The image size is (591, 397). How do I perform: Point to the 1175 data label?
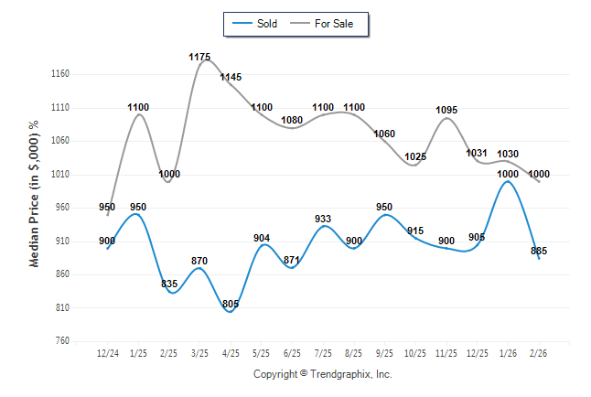tap(199, 57)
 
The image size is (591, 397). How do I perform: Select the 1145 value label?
tap(231, 77)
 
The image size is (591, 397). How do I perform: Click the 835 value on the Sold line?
tap(169, 284)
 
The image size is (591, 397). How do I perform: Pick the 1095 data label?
tap(446, 110)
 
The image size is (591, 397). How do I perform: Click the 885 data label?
tap(539, 251)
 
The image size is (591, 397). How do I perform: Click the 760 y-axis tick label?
tap(60, 341)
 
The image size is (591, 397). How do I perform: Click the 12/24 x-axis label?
tap(108, 353)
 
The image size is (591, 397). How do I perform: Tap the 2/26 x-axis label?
tap(539, 353)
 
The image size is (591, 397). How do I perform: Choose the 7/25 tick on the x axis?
tap(323, 353)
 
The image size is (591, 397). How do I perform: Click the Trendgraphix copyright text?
tap(322, 374)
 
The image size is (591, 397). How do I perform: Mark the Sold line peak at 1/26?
tap(508, 181)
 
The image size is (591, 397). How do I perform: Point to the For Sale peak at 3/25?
tap(202, 59)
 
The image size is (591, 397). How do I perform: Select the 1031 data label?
tap(478, 153)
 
